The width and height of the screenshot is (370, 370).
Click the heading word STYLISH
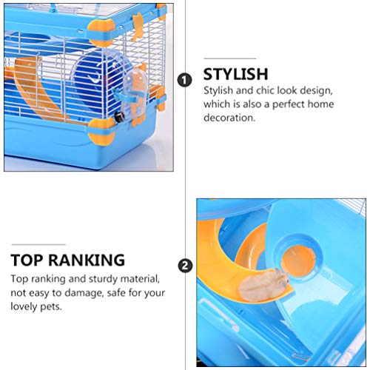[x=235, y=74]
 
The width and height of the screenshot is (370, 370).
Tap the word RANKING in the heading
[x=87, y=260]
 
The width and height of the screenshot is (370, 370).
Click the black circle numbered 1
[x=184, y=80]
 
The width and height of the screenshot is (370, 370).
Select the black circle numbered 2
[x=185, y=266]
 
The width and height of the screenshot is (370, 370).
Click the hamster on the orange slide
[x=263, y=285]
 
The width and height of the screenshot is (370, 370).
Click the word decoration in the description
[x=229, y=118]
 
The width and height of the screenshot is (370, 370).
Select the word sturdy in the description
[x=107, y=279]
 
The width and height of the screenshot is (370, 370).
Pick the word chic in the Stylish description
[x=265, y=90]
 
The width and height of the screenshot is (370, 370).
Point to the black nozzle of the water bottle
[x=118, y=116]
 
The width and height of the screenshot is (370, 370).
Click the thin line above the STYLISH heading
[x=230, y=58]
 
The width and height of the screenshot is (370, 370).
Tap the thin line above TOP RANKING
[x=38, y=244]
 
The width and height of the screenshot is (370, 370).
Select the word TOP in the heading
[x=27, y=260]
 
